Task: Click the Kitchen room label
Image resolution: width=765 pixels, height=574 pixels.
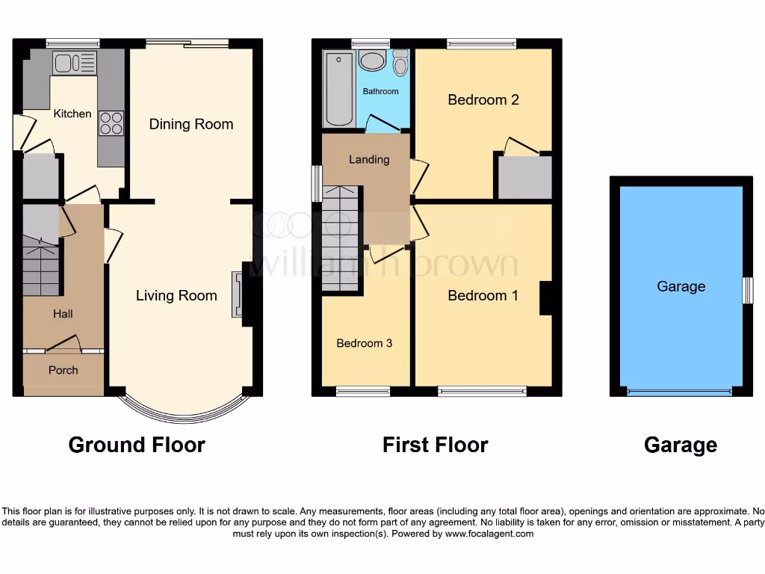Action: tap(72, 114)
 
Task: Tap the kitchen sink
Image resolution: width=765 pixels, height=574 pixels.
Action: tap(74, 63)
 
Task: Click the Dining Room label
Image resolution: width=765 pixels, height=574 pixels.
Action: tap(191, 124)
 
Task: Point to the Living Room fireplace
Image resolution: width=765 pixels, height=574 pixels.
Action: tap(238, 295)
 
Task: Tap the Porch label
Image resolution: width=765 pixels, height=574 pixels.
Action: tap(64, 370)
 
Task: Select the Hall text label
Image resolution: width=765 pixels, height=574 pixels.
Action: tap(63, 314)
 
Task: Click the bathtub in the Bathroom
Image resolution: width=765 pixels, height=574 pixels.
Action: tap(339, 89)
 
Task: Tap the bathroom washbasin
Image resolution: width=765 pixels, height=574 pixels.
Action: tap(371, 61)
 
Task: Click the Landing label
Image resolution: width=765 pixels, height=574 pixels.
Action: tap(369, 159)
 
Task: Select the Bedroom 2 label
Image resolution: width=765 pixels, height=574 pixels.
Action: tap(483, 99)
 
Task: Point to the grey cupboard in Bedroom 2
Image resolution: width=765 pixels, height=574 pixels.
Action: tap(524, 177)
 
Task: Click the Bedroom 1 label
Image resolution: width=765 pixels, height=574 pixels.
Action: tap(483, 295)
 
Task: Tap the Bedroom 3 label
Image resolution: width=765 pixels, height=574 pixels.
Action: tap(364, 343)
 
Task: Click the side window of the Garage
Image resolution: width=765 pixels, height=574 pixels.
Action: tap(747, 291)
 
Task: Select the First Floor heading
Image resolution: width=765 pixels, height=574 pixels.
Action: tap(435, 445)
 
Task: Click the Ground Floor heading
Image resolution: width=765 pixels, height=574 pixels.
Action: tap(137, 445)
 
